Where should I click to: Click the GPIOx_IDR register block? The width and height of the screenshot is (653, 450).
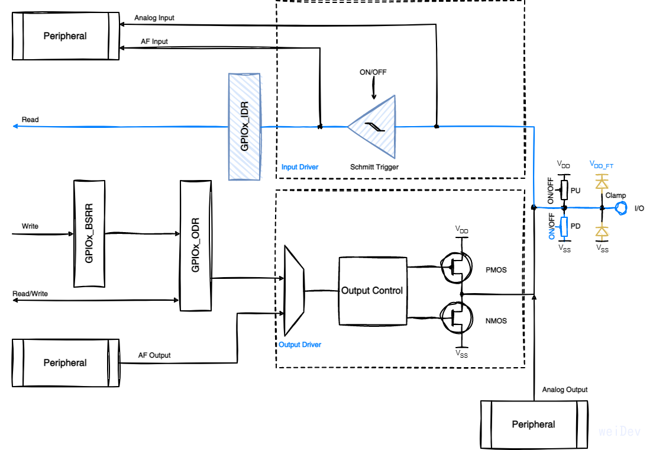pyautogui.click(x=244, y=126)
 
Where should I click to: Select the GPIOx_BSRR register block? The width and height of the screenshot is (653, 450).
pyautogui.click(x=89, y=234)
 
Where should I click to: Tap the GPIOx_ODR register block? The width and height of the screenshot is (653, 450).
pyautogui.click(x=195, y=246)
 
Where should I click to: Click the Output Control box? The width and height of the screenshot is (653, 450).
pyautogui.click(x=371, y=291)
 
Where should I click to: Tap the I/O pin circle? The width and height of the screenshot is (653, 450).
pyautogui.click(x=621, y=208)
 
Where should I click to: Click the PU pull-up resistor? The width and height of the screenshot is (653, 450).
pyautogui.click(x=564, y=191)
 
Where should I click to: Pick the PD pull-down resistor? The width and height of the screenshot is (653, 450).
pyautogui.click(x=564, y=226)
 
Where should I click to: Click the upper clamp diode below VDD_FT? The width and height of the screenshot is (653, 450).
pyautogui.click(x=602, y=183)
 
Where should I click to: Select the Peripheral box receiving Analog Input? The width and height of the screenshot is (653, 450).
pyautogui.click(x=65, y=36)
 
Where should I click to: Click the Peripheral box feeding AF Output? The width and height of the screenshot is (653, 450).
pyautogui.click(x=65, y=363)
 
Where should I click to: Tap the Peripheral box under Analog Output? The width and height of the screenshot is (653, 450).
pyautogui.click(x=534, y=425)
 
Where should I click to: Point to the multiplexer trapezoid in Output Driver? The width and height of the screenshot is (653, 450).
pyautogui.click(x=294, y=290)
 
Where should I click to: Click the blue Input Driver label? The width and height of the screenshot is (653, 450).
pyautogui.click(x=299, y=167)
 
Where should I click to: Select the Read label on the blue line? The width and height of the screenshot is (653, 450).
pyautogui.click(x=30, y=120)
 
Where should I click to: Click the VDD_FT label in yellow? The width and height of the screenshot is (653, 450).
pyautogui.click(x=602, y=163)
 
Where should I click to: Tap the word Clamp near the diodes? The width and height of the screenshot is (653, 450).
pyautogui.click(x=616, y=195)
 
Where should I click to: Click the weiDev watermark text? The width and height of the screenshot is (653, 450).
pyautogui.click(x=619, y=432)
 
